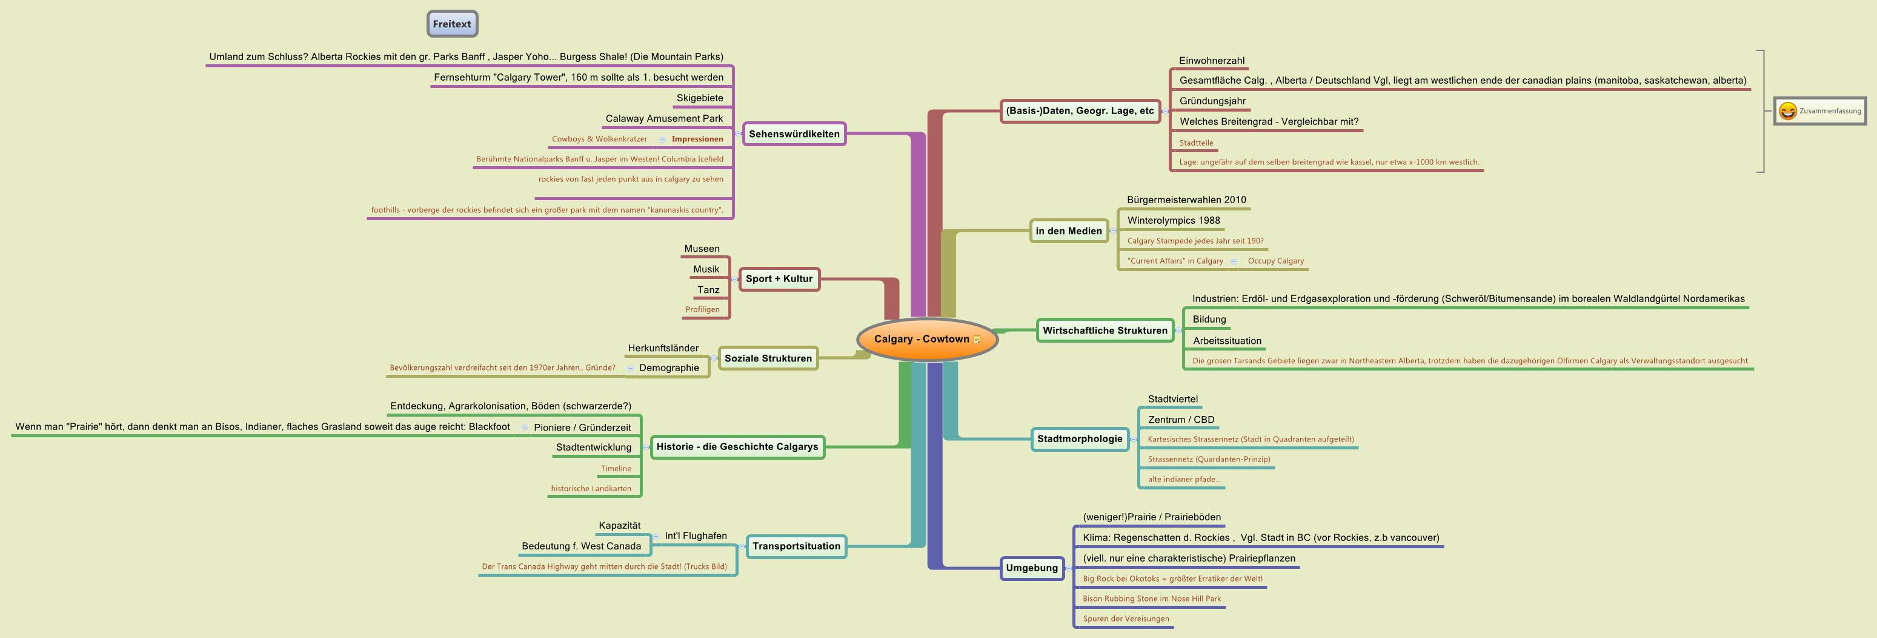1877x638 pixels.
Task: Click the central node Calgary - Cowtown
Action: pos(921,339)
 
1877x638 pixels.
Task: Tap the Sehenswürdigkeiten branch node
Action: pos(794,134)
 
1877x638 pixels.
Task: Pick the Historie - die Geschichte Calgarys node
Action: pos(737,446)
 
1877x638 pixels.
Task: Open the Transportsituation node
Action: pos(796,546)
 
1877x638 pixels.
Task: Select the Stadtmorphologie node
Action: pos(1079,439)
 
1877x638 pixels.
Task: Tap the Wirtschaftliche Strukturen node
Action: pos(1104,331)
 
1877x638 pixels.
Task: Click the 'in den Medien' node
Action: pos(1068,231)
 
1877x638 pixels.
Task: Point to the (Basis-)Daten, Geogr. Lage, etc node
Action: pos(1079,111)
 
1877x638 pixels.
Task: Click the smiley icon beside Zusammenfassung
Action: pos(1787,111)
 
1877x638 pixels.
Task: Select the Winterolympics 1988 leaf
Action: pos(1173,220)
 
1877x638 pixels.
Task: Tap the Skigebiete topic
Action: pos(700,98)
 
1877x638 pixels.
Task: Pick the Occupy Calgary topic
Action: pos(1275,261)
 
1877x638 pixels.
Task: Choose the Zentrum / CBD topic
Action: pos(1180,419)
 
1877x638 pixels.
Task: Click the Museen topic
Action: pos(702,249)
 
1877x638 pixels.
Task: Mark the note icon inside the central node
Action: pos(977,339)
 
